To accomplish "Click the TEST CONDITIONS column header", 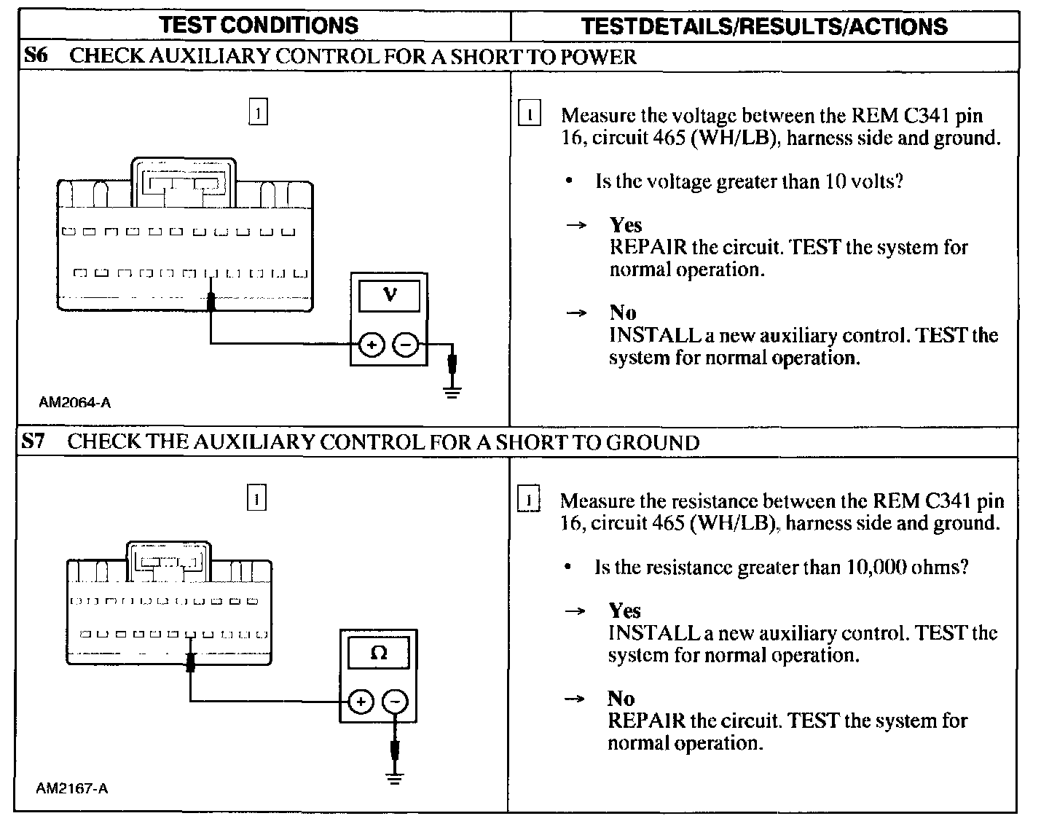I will click(x=259, y=25).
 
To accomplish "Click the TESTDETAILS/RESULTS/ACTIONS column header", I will click(x=764, y=27).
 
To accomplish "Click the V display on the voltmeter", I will click(x=390, y=295).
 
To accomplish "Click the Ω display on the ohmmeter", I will click(x=379, y=653).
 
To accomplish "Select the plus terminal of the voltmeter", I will click(x=372, y=345).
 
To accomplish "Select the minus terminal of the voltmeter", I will click(x=406, y=345).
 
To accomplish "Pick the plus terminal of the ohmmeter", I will click(x=361, y=702).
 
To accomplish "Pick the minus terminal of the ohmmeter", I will click(x=395, y=702).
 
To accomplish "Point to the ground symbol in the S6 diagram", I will click(x=452, y=393).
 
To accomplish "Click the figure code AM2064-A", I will click(x=75, y=402).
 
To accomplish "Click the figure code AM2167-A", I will click(x=72, y=788).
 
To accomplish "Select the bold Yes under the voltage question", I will click(x=626, y=225).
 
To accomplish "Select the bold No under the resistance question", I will click(x=621, y=699).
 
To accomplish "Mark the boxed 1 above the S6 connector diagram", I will click(x=258, y=113).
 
